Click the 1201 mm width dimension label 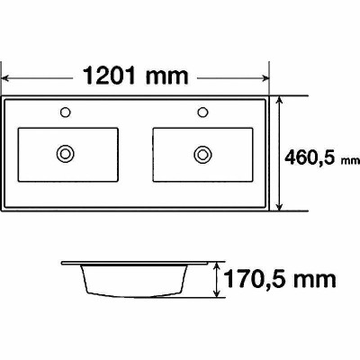[135, 76]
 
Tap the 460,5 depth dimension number [310, 157]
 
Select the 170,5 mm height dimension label [280, 279]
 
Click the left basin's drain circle [65, 154]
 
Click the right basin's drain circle [202, 155]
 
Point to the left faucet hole [65, 112]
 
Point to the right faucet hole [202, 112]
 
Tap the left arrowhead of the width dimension [5, 78]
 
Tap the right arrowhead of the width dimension [265, 78]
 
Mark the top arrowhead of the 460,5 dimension [279, 100]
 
